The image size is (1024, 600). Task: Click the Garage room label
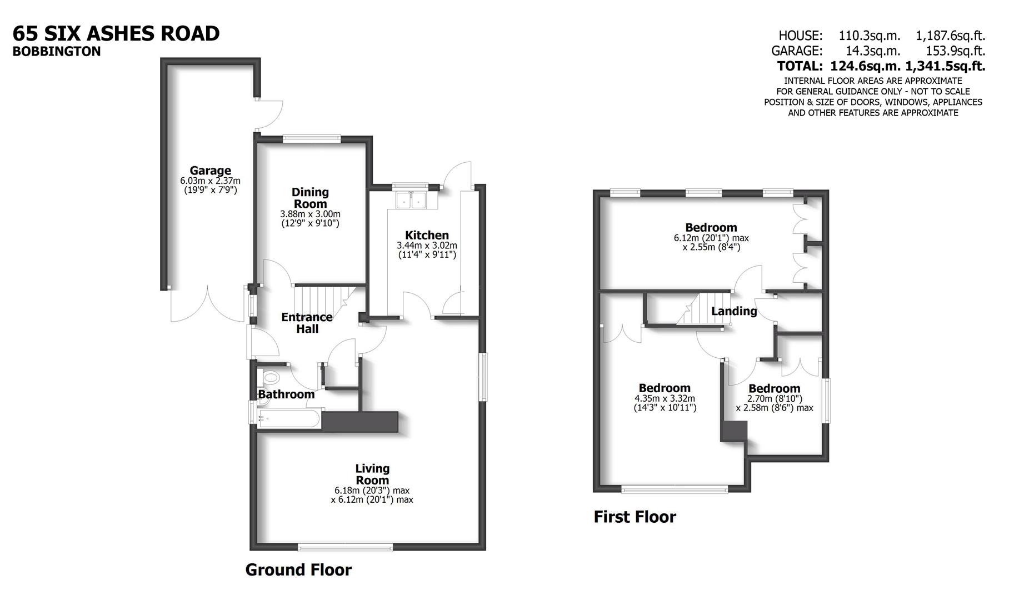(210, 171)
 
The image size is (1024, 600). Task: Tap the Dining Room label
(310, 198)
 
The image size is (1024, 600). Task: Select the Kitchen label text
(426, 235)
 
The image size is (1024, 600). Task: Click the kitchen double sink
(410, 201)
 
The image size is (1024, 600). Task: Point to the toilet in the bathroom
(270, 378)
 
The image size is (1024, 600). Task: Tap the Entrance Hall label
(307, 323)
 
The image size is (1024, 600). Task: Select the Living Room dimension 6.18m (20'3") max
(372, 491)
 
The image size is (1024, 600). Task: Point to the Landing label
(734, 311)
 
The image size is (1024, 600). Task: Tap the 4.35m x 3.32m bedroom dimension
(665, 398)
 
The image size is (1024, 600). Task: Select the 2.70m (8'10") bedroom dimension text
(774, 398)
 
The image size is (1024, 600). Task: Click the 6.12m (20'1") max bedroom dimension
(711, 238)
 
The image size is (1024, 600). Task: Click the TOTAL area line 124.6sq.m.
(881, 66)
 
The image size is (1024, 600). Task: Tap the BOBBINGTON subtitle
(57, 51)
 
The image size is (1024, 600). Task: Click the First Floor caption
(635, 517)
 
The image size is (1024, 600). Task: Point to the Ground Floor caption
(298, 569)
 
